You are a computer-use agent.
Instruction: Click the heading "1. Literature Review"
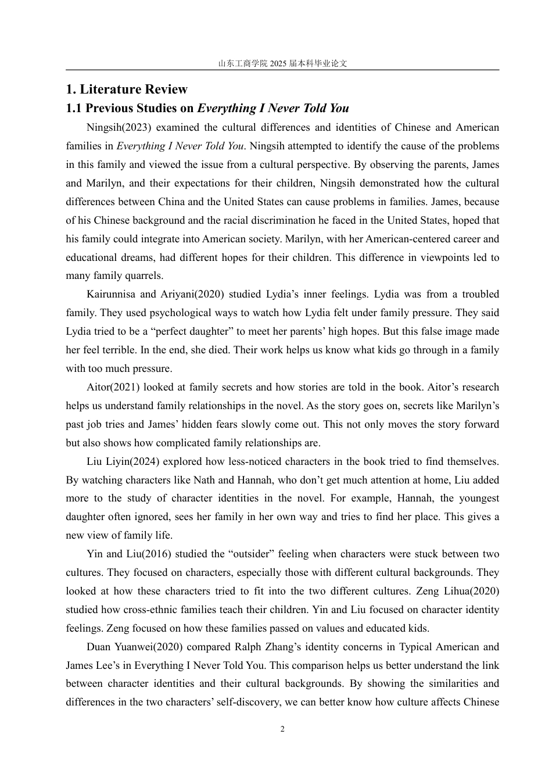click(x=127, y=89)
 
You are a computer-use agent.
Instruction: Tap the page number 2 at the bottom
click(x=282, y=729)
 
